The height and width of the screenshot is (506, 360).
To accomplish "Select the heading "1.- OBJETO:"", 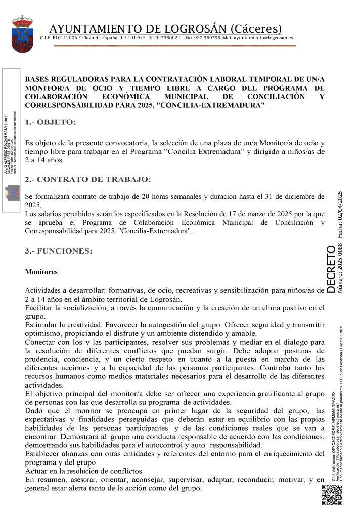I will point(51,122).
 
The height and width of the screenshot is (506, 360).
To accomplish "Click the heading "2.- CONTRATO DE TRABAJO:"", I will point(87,179).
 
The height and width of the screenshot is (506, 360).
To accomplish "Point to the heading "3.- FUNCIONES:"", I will point(59,251).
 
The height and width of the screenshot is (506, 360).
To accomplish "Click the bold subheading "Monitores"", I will point(41,272).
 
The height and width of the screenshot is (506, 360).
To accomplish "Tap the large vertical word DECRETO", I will point(330,269).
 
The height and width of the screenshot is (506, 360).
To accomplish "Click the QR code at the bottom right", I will point(333,495).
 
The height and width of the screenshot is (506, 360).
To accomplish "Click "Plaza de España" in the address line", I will point(102,38).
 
